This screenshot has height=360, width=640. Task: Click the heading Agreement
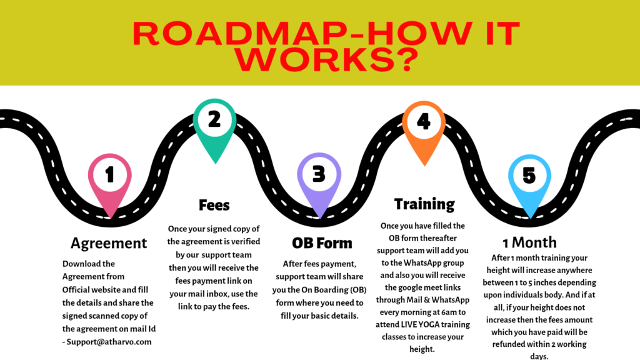click(x=109, y=242)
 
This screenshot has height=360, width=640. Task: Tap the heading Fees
click(x=214, y=205)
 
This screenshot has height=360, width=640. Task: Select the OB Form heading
click(x=322, y=242)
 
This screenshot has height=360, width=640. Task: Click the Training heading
click(x=424, y=204)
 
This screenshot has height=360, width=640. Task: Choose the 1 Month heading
click(x=529, y=242)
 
